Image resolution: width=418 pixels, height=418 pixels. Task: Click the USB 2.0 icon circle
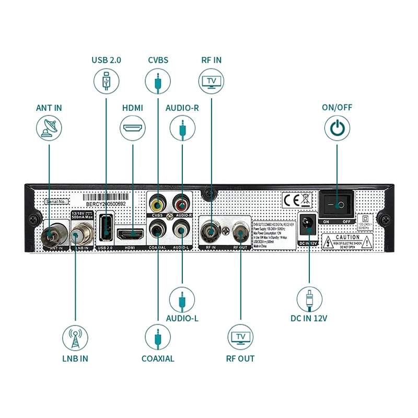coord(107,81)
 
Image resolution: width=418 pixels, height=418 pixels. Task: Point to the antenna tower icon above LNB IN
coord(75,338)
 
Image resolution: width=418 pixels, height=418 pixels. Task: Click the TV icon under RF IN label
coord(211,81)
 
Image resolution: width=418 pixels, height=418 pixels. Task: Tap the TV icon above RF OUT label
coord(241,338)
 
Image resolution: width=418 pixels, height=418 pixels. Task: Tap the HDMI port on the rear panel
coord(132,233)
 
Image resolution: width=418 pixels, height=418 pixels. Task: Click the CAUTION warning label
coord(348,241)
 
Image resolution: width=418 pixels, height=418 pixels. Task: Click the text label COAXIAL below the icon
coord(158,358)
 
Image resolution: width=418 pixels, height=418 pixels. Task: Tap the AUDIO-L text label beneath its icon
coord(182,318)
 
